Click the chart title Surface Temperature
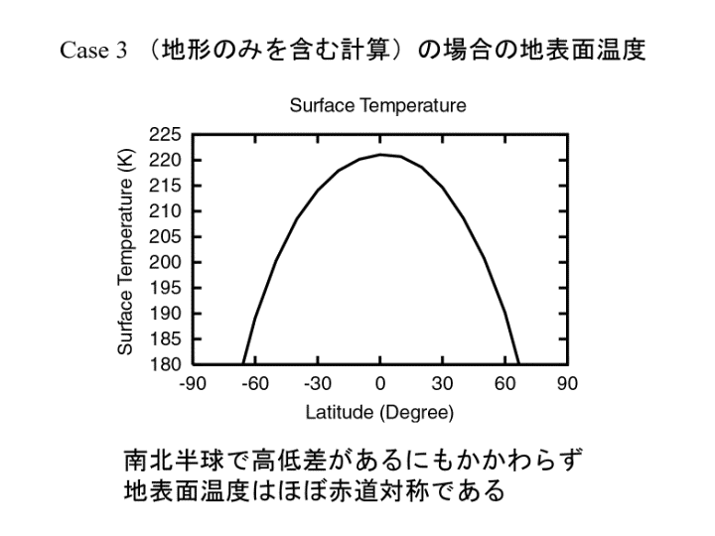(x=378, y=106)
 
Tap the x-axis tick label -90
(x=193, y=384)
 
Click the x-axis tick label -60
(x=254, y=384)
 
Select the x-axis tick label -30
(x=317, y=384)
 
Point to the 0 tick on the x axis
(x=379, y=384)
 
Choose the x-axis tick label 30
(x=442, y=384)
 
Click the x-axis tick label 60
(x=504, y=384)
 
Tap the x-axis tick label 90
(x=567, y=384)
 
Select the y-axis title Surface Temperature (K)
(x=125, y=249)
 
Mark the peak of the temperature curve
(x=380, y=154)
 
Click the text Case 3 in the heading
(x=91, y=53)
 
